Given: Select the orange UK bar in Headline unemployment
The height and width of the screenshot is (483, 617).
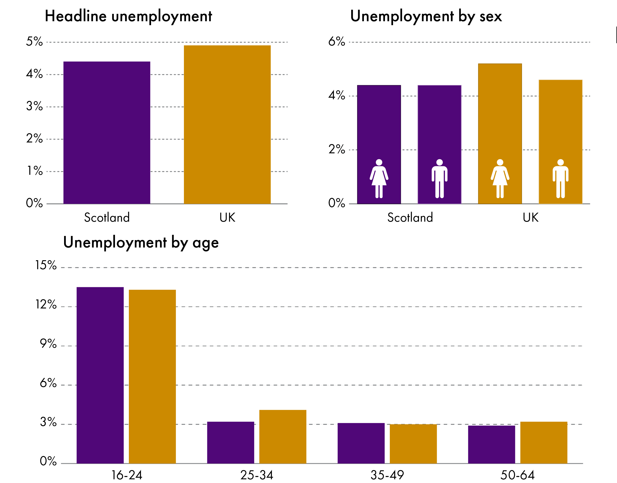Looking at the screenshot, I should (x=227, y=124).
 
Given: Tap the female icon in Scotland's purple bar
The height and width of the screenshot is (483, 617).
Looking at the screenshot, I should (x=379, y=178).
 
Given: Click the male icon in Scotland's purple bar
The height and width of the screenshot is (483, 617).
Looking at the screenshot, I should (x=439, y=178).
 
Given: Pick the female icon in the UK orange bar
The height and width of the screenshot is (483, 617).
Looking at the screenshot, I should (x=500, y=178).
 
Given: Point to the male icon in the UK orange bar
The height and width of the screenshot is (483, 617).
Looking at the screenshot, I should (x=560, y=178).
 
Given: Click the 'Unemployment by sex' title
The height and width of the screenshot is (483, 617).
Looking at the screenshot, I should (x=426, y=16).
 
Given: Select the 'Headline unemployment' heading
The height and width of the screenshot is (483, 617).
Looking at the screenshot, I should (x=128, y=16).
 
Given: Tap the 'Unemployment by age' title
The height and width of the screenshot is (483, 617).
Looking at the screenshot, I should (x=141, y=243).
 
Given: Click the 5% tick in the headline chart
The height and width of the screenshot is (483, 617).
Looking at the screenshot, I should (x=34, y=42).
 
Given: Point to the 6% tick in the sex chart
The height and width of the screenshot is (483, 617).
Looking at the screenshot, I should (x=337, y=42).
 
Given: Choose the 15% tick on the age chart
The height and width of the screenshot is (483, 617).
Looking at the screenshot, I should (x=46, y=265).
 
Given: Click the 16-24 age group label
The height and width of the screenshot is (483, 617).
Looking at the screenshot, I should (x=127, y=475).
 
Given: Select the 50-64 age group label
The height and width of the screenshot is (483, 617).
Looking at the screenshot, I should (x=517, y=475).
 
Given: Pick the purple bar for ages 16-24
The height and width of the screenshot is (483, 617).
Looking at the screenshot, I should (x=100, y=376).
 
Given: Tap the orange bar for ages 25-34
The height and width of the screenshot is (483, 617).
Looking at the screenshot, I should (x=282, y=437).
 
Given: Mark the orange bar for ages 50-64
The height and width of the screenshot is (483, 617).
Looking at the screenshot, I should (x=543, y=443).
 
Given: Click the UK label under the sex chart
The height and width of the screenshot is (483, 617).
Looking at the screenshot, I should (x=530, y=217).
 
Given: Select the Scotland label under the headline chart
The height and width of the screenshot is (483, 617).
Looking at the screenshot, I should (x=107, y=217).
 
